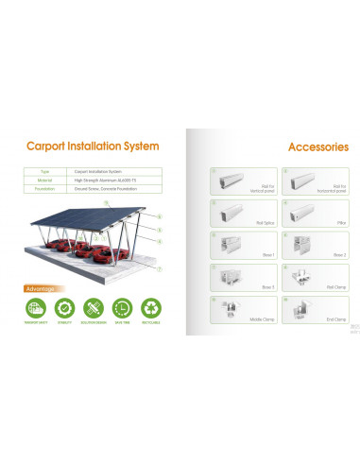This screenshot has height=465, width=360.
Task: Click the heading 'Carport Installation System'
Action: pos(92,146)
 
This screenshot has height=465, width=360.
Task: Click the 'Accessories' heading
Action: pos(317,146)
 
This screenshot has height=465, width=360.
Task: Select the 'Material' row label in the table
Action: pos(44,180)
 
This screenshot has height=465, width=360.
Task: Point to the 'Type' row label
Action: pos(44,172)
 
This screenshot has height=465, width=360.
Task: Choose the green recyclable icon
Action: pos(150,307)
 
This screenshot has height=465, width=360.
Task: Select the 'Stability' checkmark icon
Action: pos(64,307)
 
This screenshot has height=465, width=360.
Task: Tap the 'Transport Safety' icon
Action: pos(36,307)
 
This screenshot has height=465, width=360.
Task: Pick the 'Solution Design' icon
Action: pos(93,307)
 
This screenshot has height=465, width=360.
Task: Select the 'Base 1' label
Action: pos(241,254)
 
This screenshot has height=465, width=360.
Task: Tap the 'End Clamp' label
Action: pos(335,319)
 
